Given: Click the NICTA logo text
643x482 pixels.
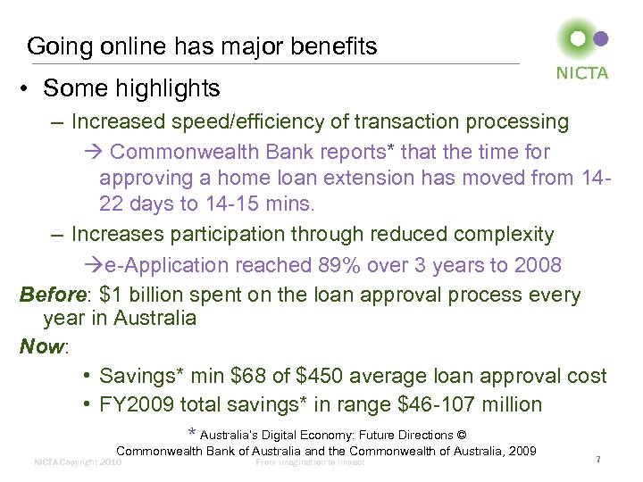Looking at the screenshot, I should [582, 73].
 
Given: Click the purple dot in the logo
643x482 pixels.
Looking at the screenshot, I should [601, 38].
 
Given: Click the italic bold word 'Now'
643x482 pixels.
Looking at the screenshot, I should [41, 346].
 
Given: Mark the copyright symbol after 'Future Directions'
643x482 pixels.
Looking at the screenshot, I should [461, 435].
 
